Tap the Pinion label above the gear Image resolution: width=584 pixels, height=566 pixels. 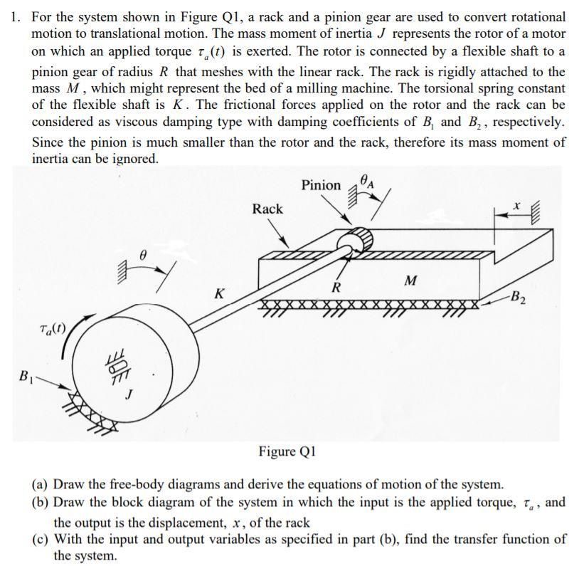(x=321, y=185)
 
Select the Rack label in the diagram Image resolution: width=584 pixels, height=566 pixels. (x=267, y=209)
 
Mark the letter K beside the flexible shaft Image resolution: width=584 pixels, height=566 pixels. (x=221, y=293)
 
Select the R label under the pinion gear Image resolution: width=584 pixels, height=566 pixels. (x=336, y=288)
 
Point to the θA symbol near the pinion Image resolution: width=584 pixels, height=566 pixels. (x=367, y=182)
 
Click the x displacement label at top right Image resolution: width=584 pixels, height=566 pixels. (x=518, y=206)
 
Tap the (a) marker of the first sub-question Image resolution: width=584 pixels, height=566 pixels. (x=41, y=484)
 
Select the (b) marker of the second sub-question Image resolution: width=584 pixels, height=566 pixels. (x=41, y=502)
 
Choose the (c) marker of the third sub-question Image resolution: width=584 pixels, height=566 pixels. (x=41, y=538)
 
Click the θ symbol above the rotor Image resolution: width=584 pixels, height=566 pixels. (x=143, y=252)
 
